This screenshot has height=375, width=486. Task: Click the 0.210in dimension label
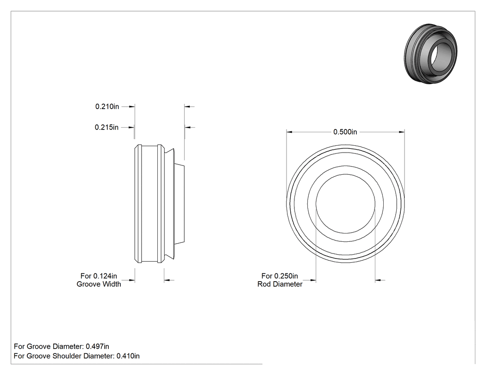point(107,106)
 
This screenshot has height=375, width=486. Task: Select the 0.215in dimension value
point(106,127)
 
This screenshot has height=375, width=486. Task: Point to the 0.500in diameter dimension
point(345,132)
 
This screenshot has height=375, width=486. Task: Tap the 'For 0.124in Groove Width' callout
point(99,280)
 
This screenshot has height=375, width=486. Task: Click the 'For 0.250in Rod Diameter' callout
point(280,280)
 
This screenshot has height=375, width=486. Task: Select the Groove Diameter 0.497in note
point(62,346)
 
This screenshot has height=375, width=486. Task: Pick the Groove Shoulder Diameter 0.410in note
point(76,356)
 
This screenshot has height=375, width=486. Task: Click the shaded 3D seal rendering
point(430,53)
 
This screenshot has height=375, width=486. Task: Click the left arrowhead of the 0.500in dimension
point(289,132)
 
